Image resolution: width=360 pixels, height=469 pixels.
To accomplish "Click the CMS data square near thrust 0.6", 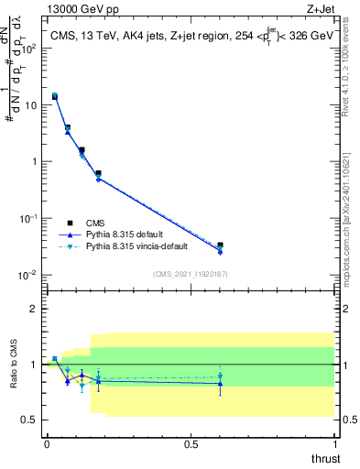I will tap(220, 245).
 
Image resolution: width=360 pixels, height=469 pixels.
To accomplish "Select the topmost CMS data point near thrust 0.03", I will tap(55, 96).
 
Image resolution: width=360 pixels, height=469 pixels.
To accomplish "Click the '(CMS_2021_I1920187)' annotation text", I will tap(190, 273).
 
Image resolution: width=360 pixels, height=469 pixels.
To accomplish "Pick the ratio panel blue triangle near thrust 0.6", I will tap(220, 384).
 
